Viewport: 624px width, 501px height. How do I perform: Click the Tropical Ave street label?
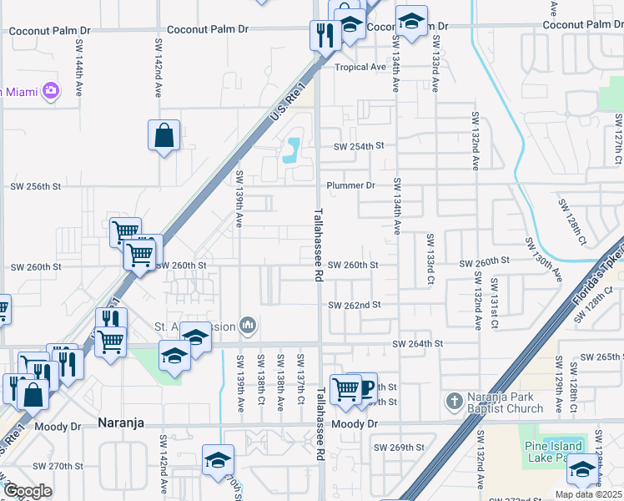(x=360, y=68)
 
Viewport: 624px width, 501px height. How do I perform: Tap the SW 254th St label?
(x=358, y=145)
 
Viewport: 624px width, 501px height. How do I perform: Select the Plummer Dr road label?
(x=351, y=185)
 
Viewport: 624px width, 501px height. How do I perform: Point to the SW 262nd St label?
(x=354, y=306)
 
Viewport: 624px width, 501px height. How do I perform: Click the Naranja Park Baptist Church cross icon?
(x=454, y=401)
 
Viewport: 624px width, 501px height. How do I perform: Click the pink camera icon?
(x=50, y=89)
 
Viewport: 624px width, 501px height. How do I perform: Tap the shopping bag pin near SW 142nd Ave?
(x=164, y=134)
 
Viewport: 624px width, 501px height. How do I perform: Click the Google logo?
(x=27, y=491)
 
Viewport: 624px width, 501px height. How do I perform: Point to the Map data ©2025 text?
(x=587, y=494)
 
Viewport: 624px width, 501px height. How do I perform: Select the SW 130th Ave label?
(x=543, y=256)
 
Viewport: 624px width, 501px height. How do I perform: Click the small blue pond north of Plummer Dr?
(x=291, y=150)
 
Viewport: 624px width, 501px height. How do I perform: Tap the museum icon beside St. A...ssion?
(x=247, y=325)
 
